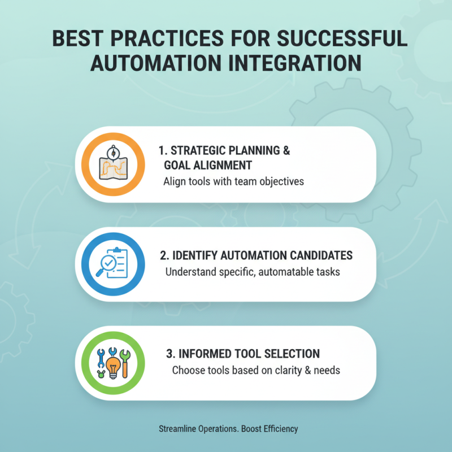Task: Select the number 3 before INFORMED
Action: pyautogui.click(x=169, y=354)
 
